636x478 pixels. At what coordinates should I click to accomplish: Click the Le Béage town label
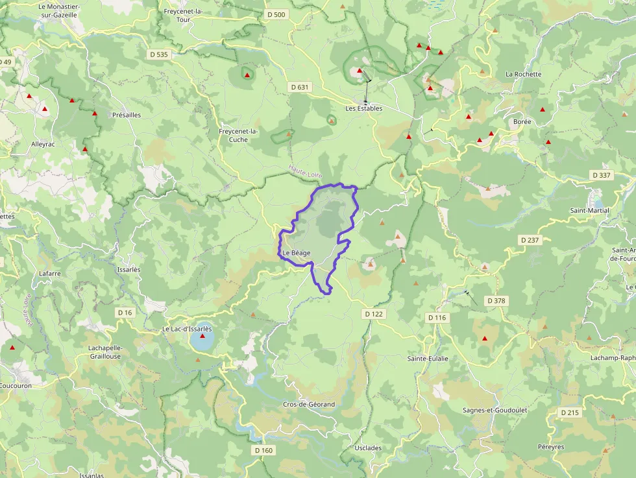pos(296,252)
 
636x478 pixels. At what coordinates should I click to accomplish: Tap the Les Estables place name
pos(363,108)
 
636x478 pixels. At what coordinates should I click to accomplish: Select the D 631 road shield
pos(300,87)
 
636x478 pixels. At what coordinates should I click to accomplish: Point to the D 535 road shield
pos(158,54)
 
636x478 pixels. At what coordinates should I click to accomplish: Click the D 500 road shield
pos(276,14)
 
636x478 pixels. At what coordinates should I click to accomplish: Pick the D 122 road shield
pos(374,314)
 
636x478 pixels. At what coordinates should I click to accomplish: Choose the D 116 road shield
pos(437,317)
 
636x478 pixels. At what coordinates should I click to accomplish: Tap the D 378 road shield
pos(495,301)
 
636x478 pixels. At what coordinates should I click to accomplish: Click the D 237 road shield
pos(530,240)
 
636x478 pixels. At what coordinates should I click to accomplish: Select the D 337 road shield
pos(602,175)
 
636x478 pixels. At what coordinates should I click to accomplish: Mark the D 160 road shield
pos(263,450)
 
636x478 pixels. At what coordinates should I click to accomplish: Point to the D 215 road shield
pos(569,412)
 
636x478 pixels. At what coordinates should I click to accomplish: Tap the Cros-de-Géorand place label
pos(309,404)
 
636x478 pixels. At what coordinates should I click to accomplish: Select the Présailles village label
pos(127,115)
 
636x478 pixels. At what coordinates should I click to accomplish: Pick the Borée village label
pos(522,121)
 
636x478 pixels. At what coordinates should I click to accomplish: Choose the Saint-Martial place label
pos(589,210)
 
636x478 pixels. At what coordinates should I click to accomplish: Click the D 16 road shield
pos(125,313)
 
